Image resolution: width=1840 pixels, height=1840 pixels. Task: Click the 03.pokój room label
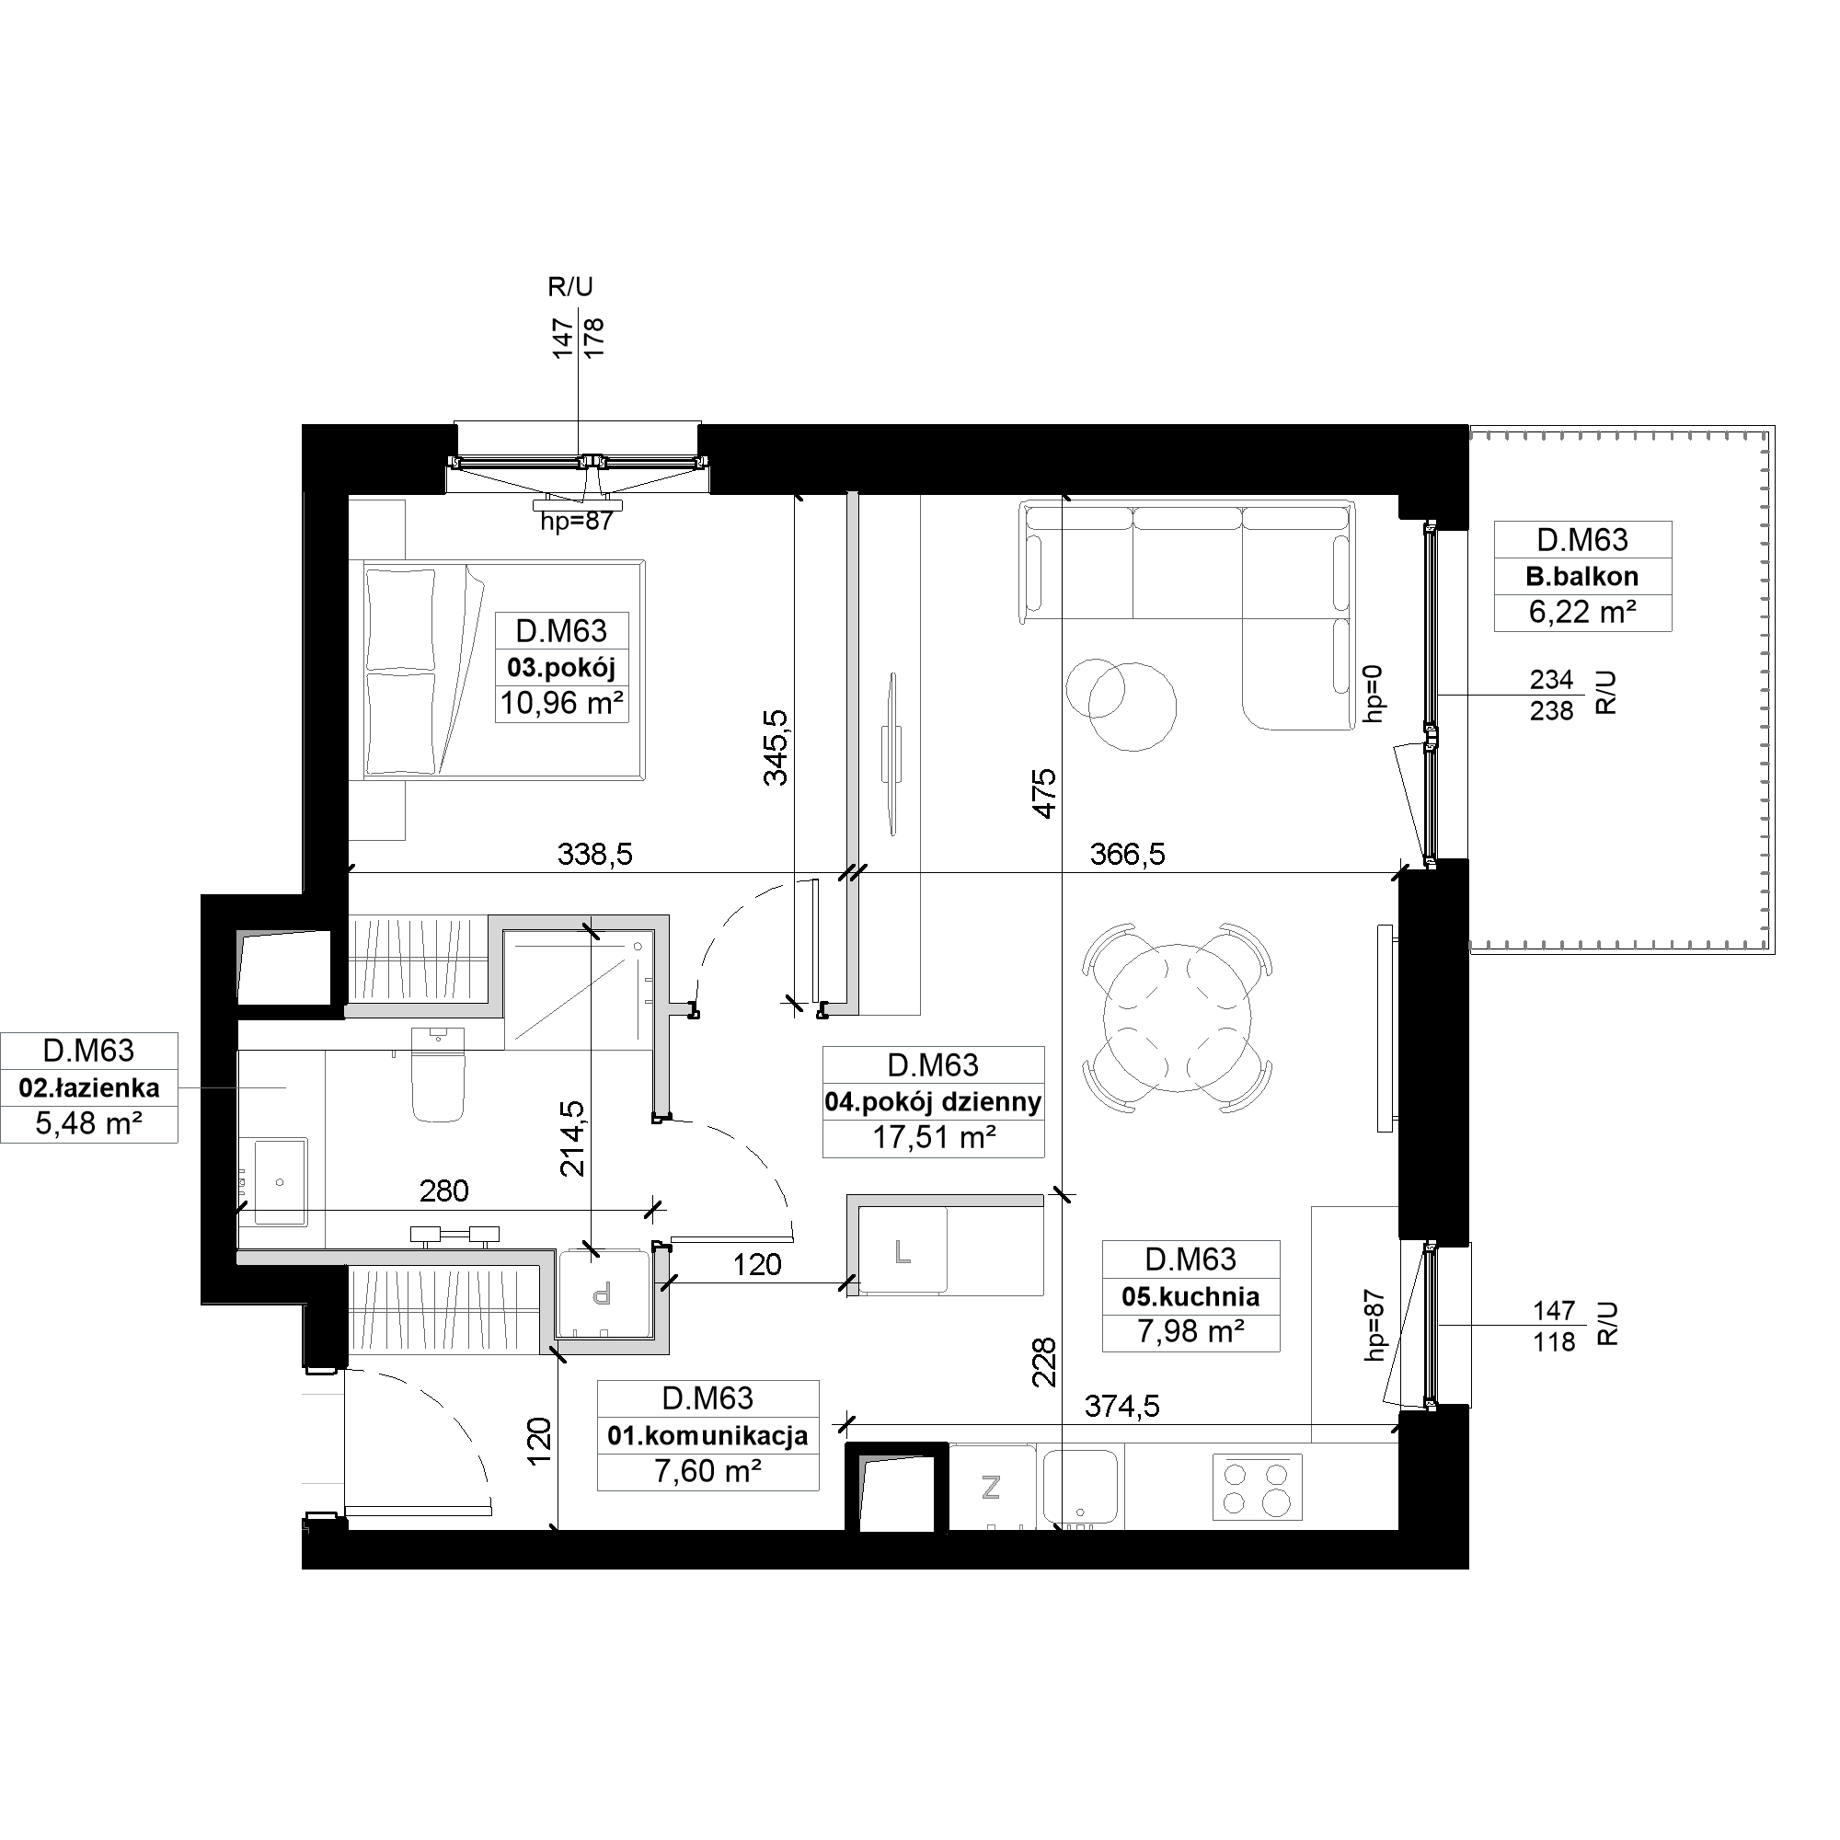point(561,668)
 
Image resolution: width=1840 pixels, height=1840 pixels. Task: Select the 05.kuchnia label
point(1190,1296)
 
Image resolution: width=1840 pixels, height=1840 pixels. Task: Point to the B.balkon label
point(1581,576)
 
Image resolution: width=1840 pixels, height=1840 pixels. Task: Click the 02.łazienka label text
point(88,1087)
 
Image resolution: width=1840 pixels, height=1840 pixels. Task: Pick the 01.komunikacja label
point(707,1435)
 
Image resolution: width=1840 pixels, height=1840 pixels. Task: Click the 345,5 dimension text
point(776,747)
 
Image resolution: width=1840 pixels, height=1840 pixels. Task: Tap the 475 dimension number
point(1045,793)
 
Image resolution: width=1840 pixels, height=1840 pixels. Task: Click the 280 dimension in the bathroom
point(444,1190)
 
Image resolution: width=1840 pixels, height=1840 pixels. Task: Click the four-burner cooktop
point(1256,1488)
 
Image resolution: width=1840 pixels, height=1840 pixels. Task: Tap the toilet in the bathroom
point(438,1074)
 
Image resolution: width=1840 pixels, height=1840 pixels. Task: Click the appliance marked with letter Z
point(992,1488)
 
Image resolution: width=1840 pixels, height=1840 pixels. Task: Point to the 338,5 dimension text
point(594,855)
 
